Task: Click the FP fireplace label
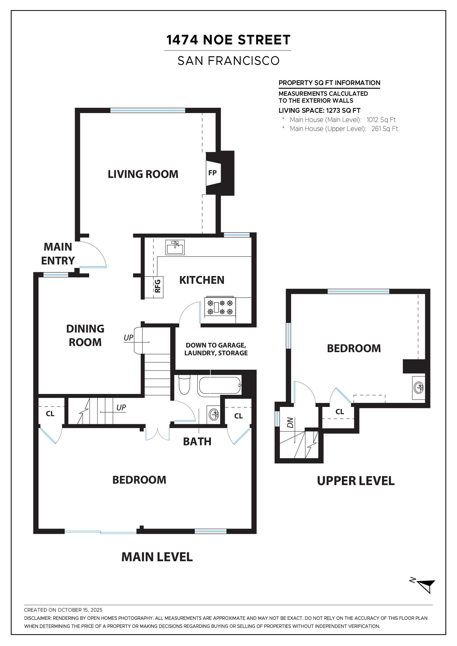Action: pyautogui.click(x=212, y=173)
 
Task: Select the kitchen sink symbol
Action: pyautogui.click(x=175, y=247)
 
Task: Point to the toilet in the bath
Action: pyautogui.click(x=184, y=384)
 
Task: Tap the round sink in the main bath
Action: pyautogui.click(x=214, y=415)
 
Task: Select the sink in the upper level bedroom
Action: pyautogui.click(x=419, y=387)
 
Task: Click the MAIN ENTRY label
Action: pyautogui.click(x=58, y=254)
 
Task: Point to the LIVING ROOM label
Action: pyautogui.click(x=143, y=174)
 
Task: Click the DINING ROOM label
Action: pyautogui.click(x=85, y=335)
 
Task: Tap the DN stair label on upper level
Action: pyautogui.click(x=290, y=422)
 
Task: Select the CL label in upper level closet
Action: pyautogui.click(x=340, y=412)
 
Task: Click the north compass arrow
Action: pyautogui.click(x=426, y=586)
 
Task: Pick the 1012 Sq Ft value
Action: pyautogui.click(x=381, y=120)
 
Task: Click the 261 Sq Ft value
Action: pyautogui.click(x=384, y=129)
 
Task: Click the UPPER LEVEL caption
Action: pyautogui.click(x=355, y=481)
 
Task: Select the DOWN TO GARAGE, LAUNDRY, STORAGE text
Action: pyautogui.click(x=216, y=349)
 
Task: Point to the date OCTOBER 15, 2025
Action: pyautogui.click(x=80, y=610)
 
